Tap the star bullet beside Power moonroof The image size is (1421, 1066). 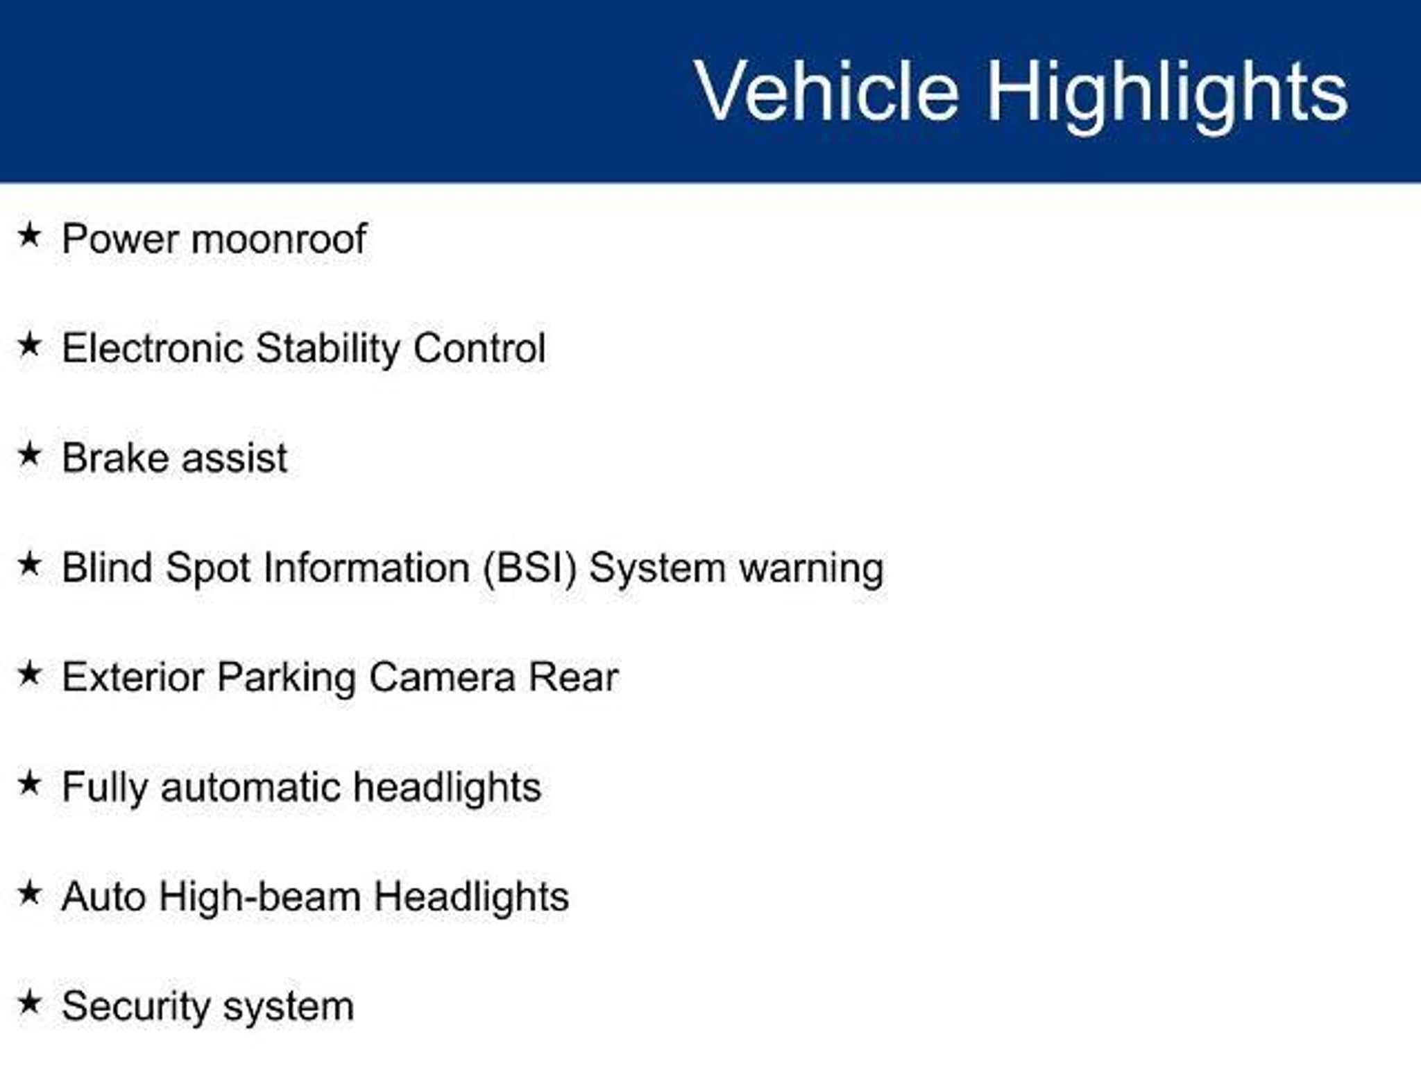[x=29, y=235]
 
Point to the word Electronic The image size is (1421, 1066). [x=153, y=348]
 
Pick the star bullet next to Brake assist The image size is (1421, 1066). [x=29, y=455]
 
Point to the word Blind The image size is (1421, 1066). [x=108, y=568]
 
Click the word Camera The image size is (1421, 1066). [x=442, y=678]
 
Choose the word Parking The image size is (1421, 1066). [x=286, y=679]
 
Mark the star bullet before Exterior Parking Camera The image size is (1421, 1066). [x=29, y=674]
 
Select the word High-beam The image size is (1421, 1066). [x=259, y=897]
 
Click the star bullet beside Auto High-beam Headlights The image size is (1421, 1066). [x=29, y=893]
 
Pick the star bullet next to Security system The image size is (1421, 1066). [x=29, y=1003]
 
